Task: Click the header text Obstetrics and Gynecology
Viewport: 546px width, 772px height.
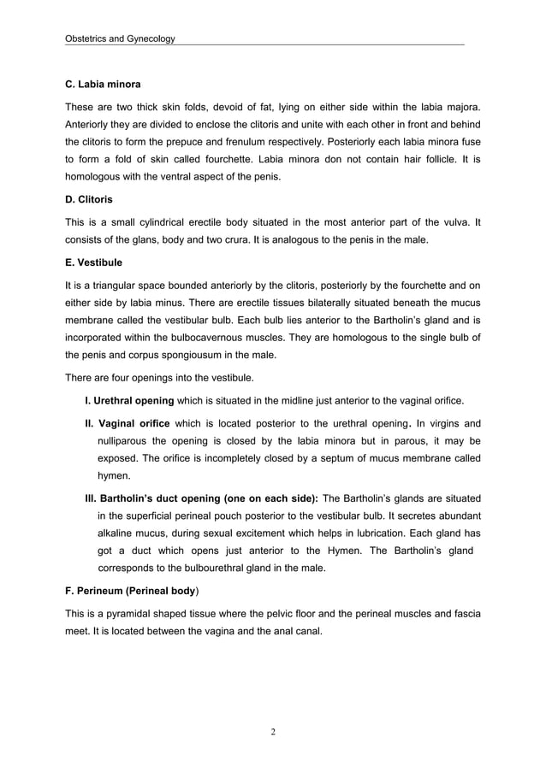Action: coord(120,39)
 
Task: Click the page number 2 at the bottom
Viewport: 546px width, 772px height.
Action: coord(272,731)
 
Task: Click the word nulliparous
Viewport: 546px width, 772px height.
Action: coord(128,441)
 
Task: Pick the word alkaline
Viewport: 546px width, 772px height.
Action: coord(120,533)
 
